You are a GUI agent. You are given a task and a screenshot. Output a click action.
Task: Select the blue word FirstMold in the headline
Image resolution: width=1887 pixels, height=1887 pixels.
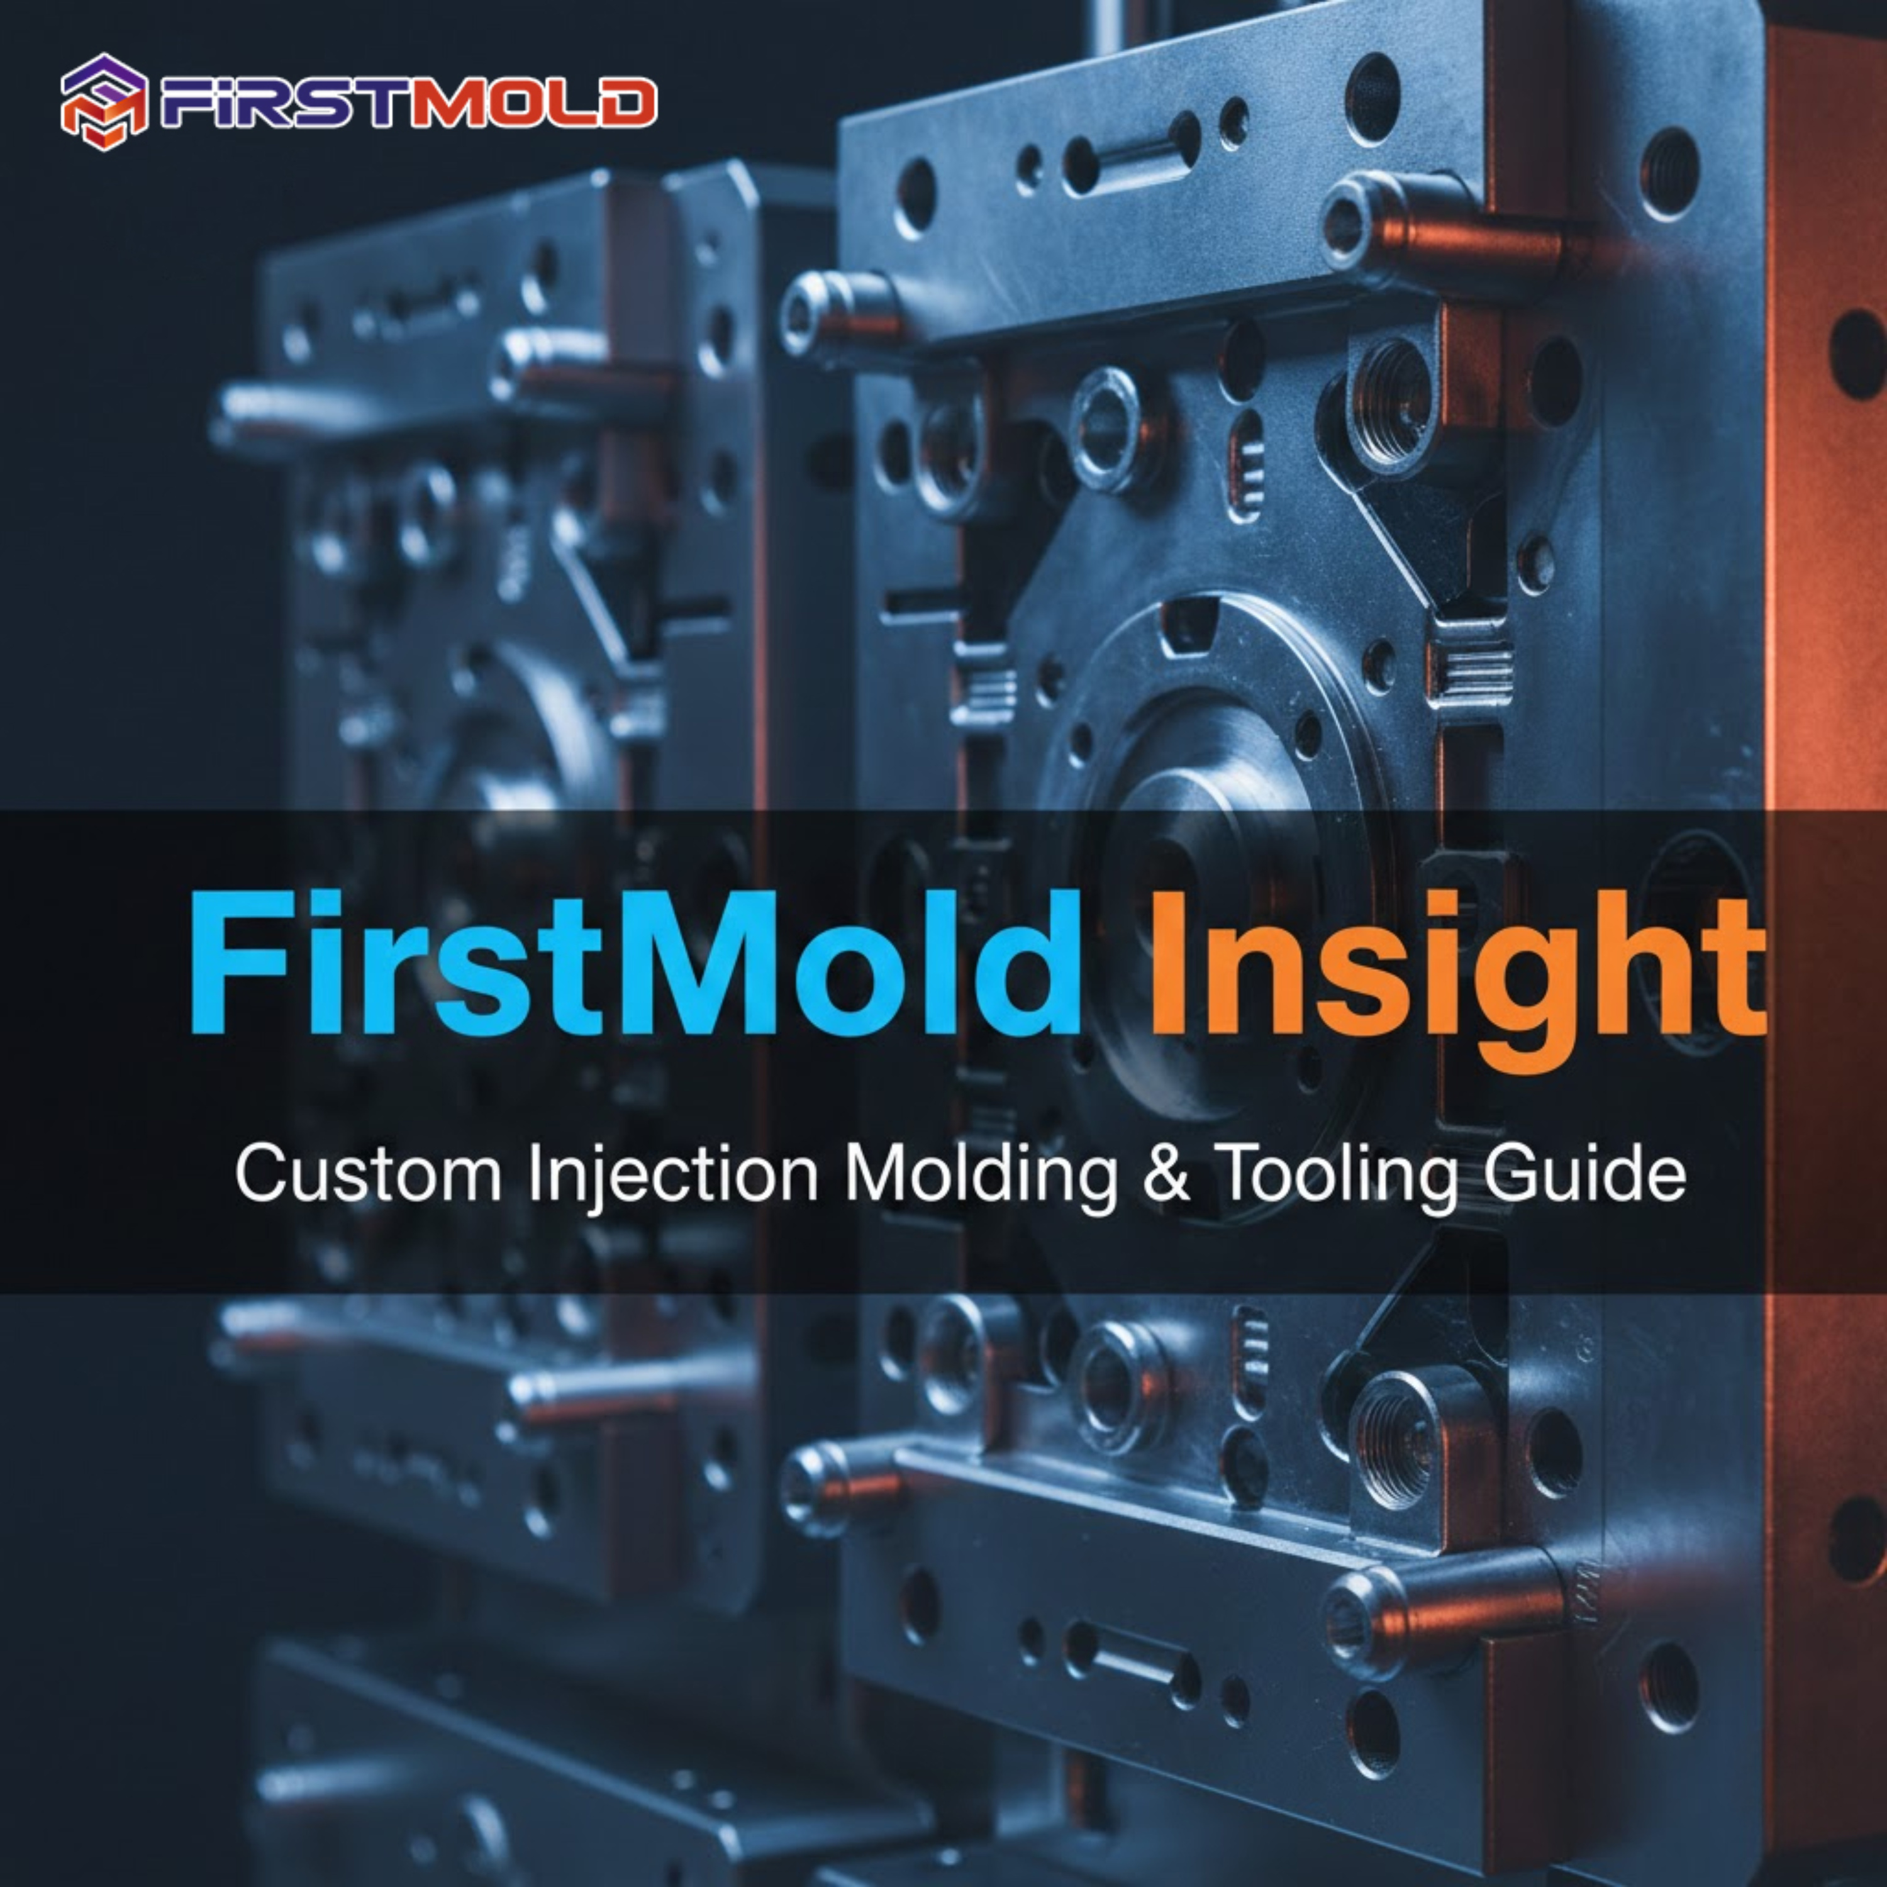635,963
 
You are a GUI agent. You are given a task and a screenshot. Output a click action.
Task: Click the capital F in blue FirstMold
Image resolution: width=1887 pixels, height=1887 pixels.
230,963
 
